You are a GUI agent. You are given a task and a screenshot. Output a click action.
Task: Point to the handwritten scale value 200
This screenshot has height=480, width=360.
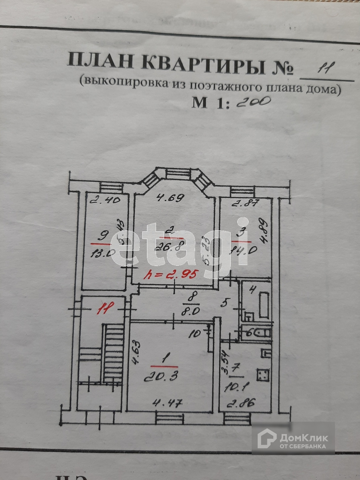[x=253, y=101]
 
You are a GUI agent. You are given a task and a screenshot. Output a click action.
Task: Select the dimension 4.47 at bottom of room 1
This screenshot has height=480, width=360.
[x=168, y=404]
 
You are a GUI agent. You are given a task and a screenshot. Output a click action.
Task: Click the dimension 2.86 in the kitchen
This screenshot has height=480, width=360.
[x=241, y=403]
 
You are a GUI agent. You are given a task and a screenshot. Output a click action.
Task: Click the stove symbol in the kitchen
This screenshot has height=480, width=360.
[x=263, y=375]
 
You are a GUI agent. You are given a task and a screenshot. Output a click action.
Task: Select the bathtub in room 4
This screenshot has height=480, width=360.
[x=264, y=305]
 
